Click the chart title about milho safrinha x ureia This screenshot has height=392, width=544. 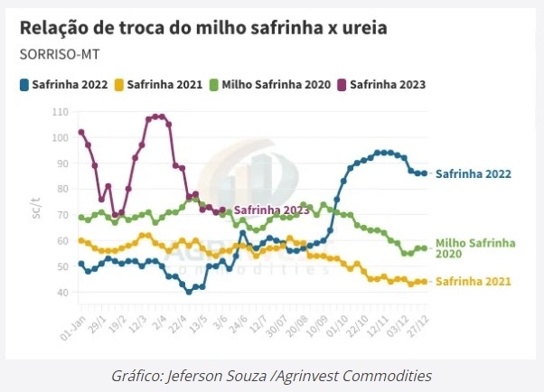[203, 28]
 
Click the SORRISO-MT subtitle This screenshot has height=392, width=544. [60, 54]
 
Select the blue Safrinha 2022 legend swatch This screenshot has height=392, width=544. [24, 85]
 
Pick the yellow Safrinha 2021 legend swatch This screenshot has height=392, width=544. [119, 85]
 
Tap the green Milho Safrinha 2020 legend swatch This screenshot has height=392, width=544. [214, 85]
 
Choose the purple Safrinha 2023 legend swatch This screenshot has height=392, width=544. [342, 85]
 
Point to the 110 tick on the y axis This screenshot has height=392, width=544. [61, 112]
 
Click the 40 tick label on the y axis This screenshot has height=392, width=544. [62, 293]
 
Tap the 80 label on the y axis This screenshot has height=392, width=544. [62, 190]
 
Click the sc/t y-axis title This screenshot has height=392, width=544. [36, 208]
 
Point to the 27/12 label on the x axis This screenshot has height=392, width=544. [418, 326]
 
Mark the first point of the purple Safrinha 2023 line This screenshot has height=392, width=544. [81, 132]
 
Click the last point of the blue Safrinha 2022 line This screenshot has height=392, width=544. [424, 173]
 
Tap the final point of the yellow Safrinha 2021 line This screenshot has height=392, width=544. [424, 282]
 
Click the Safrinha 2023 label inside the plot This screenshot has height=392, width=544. [272, 210]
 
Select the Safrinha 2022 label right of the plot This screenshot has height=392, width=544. [474, 173]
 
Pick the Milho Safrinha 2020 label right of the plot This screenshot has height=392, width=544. [475, 248]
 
